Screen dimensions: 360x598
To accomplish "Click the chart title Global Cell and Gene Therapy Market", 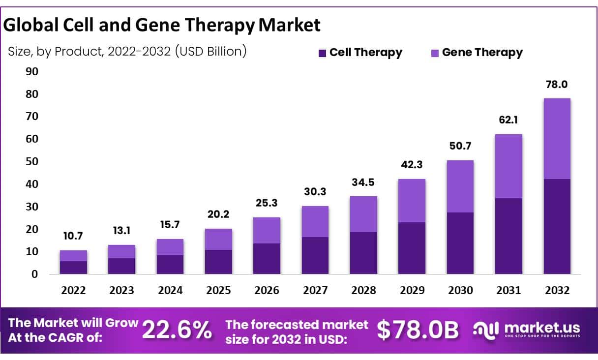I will [x=162, y=25].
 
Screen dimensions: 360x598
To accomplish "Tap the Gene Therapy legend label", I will [x=482, y=53].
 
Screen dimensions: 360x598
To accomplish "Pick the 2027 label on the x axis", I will [x=315, y=291].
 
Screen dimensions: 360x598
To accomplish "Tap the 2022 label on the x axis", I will [x=73, y=291].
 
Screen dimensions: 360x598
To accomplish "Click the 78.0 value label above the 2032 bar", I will [x=557, y=85].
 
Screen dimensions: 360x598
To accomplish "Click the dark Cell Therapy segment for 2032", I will [x=557, y=226].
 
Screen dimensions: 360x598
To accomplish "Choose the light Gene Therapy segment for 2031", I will [x=508, y=166].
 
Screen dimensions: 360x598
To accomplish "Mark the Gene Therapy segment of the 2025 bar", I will [x=218, y=239].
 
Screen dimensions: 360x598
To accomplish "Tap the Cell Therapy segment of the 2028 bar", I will [x=363, y=253].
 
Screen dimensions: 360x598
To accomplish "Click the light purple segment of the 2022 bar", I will [x=73, y=256].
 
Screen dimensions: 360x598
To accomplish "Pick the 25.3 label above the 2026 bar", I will [x=267, y=203].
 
